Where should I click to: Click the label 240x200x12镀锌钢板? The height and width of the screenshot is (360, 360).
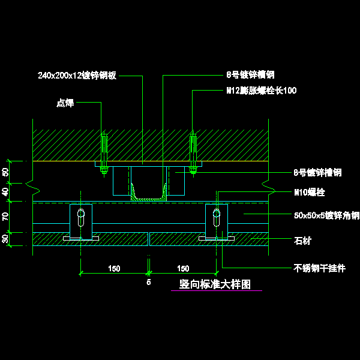(x=77, y=76)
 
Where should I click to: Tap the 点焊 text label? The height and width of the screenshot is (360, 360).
(x=65, y=103)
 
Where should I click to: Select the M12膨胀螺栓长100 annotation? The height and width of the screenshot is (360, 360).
(x=261, y=91)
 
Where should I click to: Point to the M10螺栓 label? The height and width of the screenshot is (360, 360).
(x=309, y=193)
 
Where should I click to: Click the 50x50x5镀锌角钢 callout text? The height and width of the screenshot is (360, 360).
(x=326, y=215)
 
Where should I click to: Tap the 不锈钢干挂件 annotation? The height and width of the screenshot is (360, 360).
(x=319, y=268)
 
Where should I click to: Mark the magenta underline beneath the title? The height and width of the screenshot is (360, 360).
(x=217, y=291)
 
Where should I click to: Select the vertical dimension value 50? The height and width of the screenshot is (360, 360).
(x=7, y=172)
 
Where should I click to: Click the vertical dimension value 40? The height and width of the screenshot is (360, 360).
(x=7, y=192)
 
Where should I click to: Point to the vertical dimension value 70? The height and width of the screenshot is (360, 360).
(x=7, y=217)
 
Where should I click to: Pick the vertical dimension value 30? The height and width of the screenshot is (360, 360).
(x=7, y=239)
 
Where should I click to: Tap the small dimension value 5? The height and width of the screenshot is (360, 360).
(x=149, y=280)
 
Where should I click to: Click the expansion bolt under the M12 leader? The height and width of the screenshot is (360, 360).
(x=193, y=153)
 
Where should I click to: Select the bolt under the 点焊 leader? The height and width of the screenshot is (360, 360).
(x=103, y=153)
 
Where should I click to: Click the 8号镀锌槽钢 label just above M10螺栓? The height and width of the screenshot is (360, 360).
(x=317, y=173)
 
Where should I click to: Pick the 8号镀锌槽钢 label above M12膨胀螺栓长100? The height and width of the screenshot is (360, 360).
(x=250, y=76)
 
